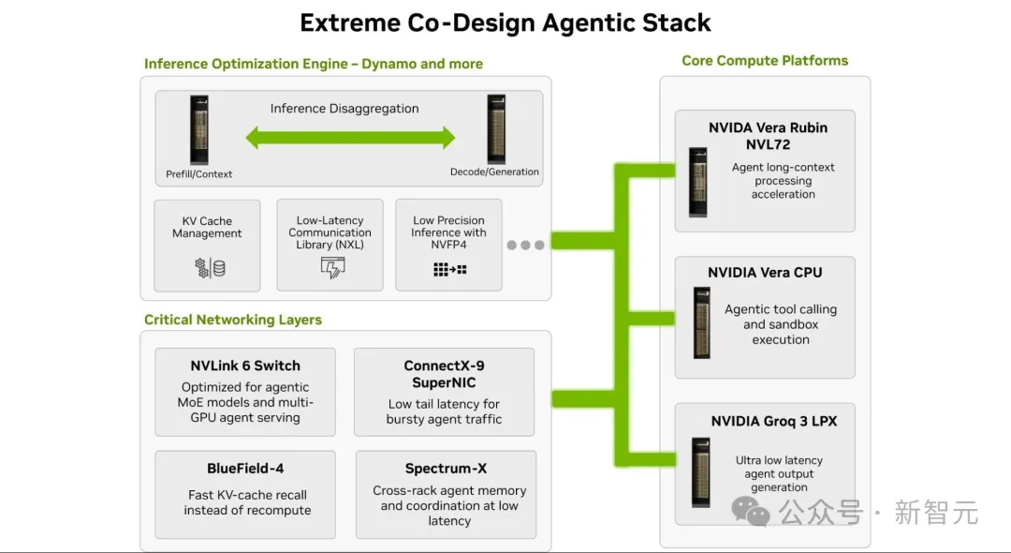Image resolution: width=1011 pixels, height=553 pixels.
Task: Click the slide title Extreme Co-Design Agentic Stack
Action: (x=505, y=23)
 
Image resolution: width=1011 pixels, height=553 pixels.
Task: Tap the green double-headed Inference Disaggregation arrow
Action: (x=350, y=138)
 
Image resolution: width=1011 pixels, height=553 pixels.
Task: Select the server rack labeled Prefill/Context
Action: (x=199, y=129)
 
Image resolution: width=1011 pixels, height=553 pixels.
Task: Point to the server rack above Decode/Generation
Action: (x=496, y=129)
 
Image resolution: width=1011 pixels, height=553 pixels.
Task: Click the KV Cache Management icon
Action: (x=211, y=268)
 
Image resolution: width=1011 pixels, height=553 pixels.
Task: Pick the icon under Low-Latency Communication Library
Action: (x=332, y=267)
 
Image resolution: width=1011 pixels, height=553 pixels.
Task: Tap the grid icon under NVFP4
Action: (x=449, y=269)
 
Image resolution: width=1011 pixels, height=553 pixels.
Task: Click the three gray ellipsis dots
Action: (x=525, y=246)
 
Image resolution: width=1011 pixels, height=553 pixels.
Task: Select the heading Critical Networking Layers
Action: (x=233, y=320)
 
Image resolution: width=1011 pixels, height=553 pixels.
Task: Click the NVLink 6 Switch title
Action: (x=245, y=366)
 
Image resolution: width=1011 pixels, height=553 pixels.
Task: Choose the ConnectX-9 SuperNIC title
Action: (x=445, y=374)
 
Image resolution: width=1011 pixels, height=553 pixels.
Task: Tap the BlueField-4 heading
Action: (x=245, y=469)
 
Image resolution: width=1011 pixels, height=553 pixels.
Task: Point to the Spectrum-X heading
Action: (x=447, y=469)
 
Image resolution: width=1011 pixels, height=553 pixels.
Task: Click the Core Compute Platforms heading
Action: (x=765, y=61)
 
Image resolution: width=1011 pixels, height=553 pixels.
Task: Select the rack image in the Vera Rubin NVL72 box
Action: (x=697, y=182)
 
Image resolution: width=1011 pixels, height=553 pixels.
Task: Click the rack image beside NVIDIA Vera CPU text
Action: (x=701, y=322)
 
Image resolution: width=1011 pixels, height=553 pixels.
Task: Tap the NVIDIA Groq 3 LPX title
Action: (x=774, y=422)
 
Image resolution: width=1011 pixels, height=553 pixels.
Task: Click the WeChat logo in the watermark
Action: (x=751, y=512)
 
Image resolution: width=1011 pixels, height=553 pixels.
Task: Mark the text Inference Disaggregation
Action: (x=344, y=109)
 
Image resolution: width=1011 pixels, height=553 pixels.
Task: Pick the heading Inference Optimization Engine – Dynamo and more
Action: (x=314, y=64)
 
